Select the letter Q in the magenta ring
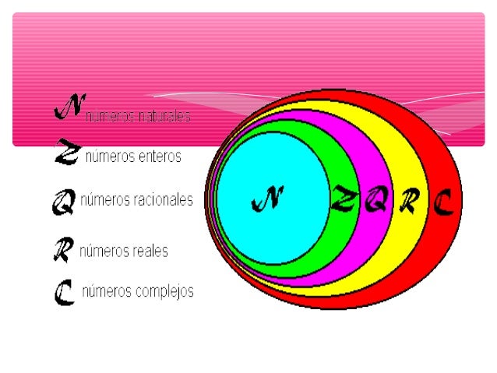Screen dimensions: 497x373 pyautogui.click(x=375, y=202)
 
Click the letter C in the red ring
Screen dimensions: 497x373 pyautogui.click(x=442, y=203)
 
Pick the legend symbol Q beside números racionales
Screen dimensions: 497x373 pyautogui.click(x=63, y=203)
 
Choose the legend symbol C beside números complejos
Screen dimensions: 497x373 pyautogui.click(x=64, y=293)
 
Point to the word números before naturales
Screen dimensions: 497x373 pyautogui.click(x=111, y=117)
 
